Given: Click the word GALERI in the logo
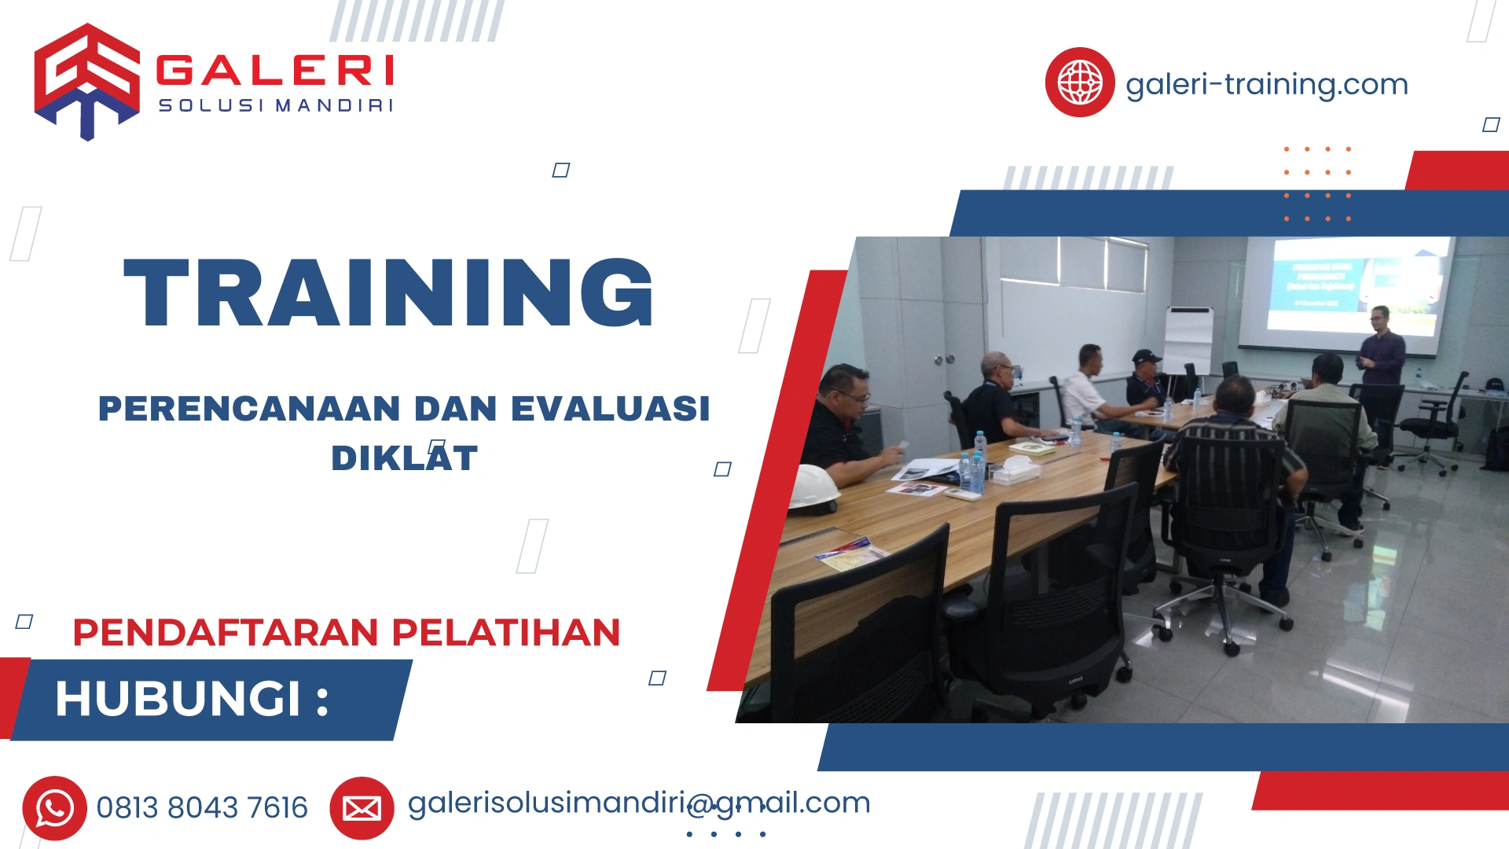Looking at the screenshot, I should pyautogui.click(x=275, y=71).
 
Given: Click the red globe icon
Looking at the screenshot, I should pyautogui.click(x=1079, y=82).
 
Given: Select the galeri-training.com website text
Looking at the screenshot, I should pyautogui.click(x=1266, y=84).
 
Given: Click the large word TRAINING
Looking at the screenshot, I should pyautogui.click(x=389, y=292).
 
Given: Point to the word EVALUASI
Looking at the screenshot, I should pyautogui.click(x=611, y=409).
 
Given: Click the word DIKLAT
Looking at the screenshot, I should pyautogui.click(x=404, y=458).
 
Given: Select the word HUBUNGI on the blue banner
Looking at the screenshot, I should pyautogui.click(x=178, y=698).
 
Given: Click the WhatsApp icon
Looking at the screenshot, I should pyautogui.click(x=54, y=808).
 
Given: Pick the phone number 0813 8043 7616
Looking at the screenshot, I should pyautogui.click(x=202, y=808).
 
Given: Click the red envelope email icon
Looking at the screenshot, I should pyautogui.click(x=362, y=808).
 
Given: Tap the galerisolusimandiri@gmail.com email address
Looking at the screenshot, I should pyautogui.click(x=638, y=803).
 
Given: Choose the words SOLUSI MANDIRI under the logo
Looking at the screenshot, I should pyautogui.click(x=275, y=105).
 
